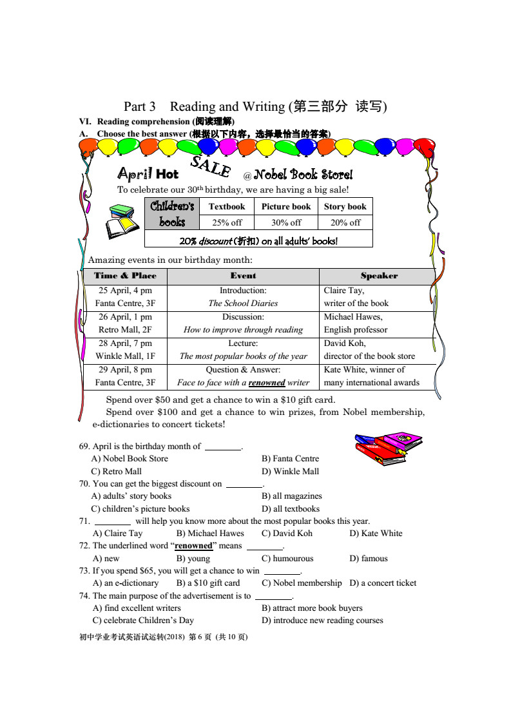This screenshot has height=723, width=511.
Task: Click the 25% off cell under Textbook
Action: (227, 222)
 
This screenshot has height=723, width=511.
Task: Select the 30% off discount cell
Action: (286, 222)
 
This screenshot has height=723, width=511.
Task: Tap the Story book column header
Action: (345, 206)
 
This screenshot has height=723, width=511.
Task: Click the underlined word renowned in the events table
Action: (267, 382)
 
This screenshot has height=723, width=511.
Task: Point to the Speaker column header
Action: (379, 276)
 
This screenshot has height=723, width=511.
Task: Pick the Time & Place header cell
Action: (125, 276)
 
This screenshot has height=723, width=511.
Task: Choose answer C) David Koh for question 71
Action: (287, 533)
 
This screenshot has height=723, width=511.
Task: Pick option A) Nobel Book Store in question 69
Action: (130, 458)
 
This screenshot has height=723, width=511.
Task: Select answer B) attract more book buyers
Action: (312, 608)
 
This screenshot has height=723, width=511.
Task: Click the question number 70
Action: (84, 483)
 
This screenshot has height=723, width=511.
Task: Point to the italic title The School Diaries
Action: (243, 303)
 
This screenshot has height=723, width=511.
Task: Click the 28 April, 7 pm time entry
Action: (126, 343)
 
